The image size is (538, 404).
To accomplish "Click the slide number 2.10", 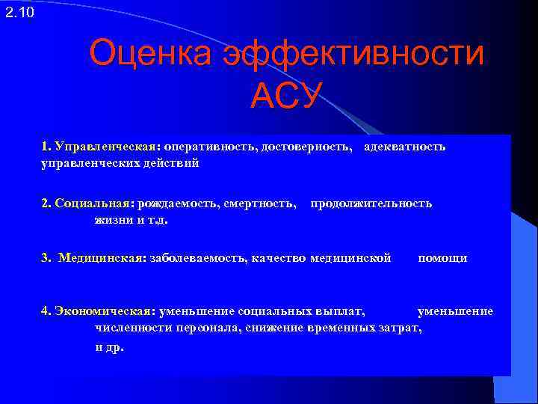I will click(19, 12).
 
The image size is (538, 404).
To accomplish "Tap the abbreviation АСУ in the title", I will click(286, 96).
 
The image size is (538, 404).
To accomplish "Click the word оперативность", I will click(207, 147).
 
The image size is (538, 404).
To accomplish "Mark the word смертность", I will click(259, 203).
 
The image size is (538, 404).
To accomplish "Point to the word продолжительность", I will click(371, 203).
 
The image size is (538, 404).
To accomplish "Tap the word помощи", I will click(442, 258).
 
